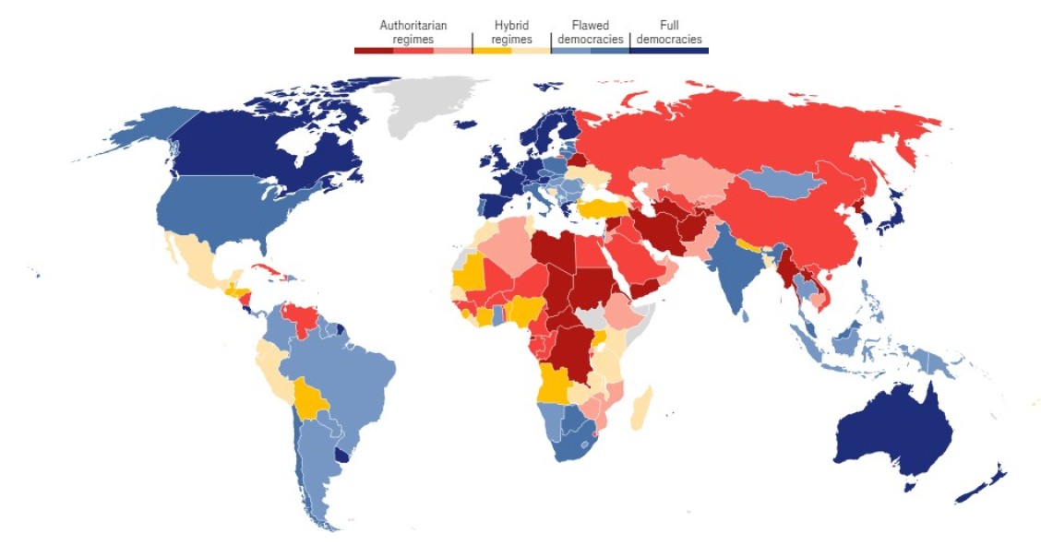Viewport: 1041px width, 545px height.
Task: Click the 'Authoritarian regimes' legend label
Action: pos(413,32)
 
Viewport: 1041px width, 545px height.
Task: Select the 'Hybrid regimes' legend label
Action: pos(511,32)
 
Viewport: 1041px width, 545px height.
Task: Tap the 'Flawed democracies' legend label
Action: pos(590,32)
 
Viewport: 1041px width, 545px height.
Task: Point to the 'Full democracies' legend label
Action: pos(669,32)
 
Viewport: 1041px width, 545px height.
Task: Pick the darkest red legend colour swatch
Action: pos(374,50)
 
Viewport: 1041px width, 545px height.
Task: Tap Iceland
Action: pos(467,124)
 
